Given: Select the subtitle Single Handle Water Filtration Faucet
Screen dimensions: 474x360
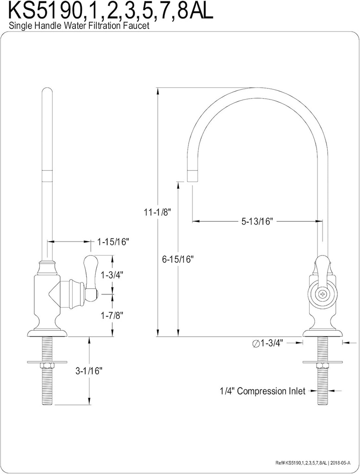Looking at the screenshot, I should tap(79, 26).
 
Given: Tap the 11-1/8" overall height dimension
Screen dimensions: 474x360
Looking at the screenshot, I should tap(157, 212).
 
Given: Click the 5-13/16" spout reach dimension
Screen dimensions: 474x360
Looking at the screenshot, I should tap(258, 221).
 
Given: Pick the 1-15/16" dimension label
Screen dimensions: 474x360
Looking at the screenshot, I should tap(113, 242).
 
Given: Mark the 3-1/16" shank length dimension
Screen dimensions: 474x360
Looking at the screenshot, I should tap(88, 370).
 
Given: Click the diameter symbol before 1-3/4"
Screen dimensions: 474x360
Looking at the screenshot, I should tap(255, 343).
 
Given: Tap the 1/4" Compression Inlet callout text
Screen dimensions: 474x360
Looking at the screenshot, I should tap(262, 392).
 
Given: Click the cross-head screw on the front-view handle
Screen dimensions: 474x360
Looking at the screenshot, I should tap(323, 293).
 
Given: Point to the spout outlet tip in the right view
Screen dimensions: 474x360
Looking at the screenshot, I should tap(192, 176).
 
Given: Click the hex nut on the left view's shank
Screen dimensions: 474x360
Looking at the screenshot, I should tap(48, 366).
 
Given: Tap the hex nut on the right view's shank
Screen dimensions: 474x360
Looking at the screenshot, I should tap(323, 366).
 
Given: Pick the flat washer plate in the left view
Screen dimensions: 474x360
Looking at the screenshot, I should tap(48, 360).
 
